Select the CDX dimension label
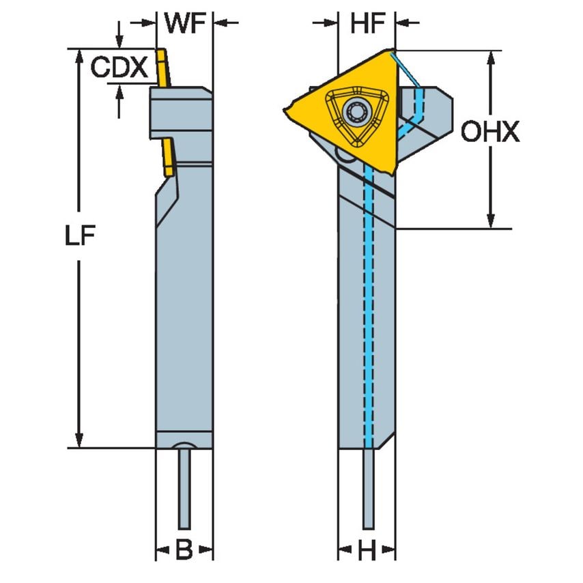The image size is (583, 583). coord(120,67)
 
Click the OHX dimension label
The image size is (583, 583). coord(489,132)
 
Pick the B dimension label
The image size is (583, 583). coord(184,550)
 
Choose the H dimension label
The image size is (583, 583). coord(367,550)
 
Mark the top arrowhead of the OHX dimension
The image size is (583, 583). coord(490,57)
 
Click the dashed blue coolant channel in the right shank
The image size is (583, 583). coord(368,307)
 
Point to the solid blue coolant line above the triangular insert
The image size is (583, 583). coord(408,68)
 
